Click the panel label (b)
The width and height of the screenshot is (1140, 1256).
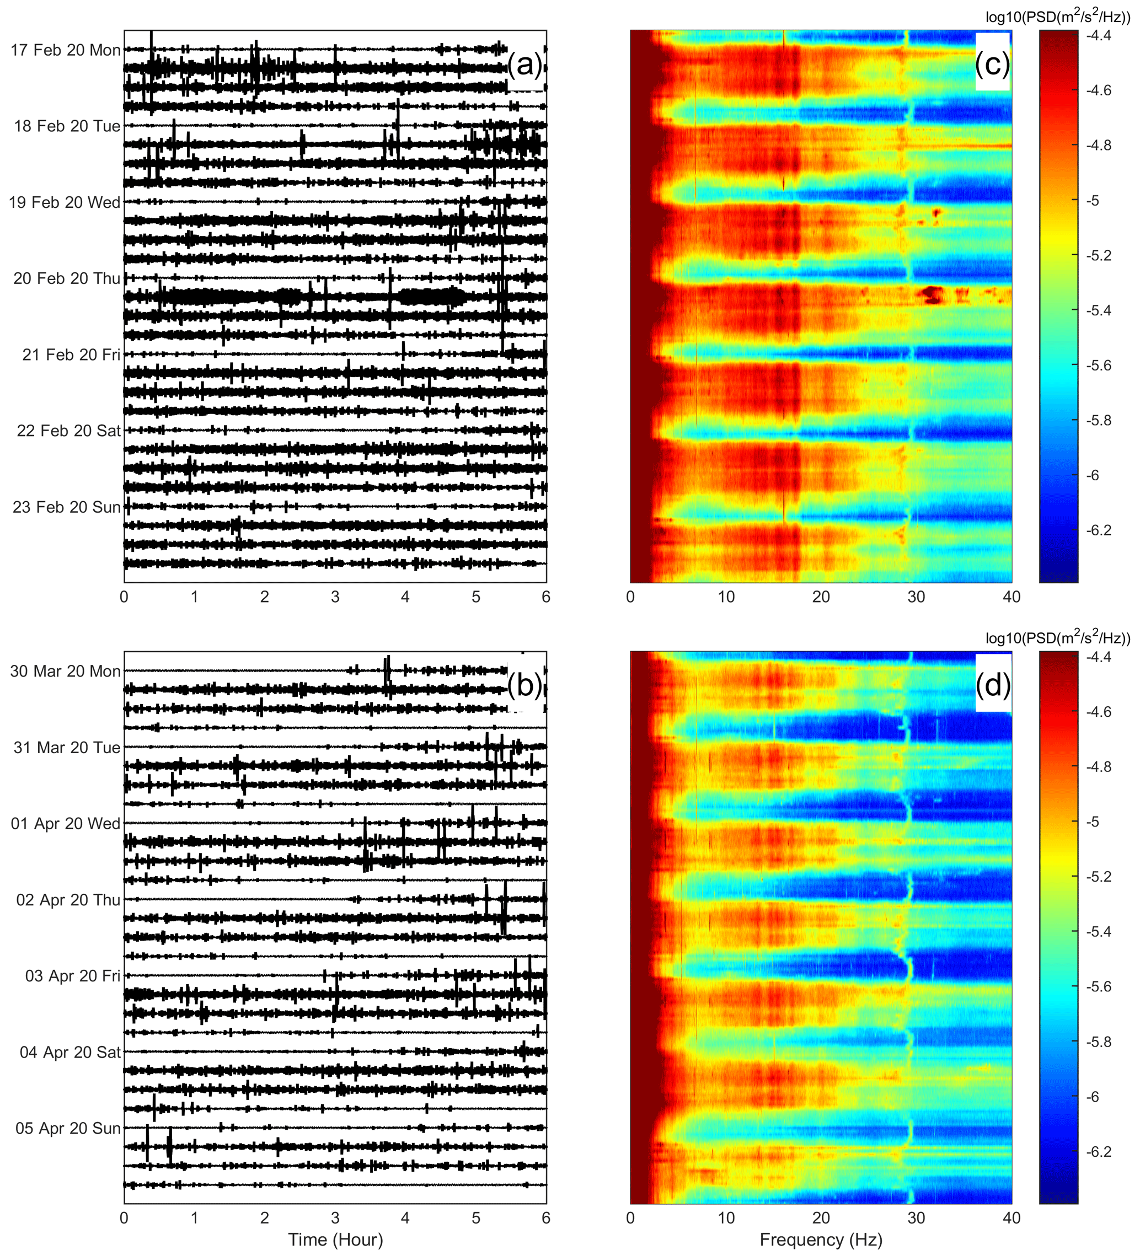coord(525,686)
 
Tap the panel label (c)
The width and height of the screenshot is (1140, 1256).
coord(992,63)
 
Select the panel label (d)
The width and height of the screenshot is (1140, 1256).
coord(993,685)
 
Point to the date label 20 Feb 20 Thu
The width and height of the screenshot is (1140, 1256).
coord(67,278)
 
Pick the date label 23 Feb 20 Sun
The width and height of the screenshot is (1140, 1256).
coord(67,507)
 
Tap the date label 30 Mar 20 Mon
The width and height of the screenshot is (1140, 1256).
coord(66,672)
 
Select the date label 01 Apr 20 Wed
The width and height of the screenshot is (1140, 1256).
coord(66,824)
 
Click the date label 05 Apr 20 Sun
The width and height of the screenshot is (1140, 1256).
coord(68,1128)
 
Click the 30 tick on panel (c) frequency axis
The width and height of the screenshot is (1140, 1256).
coord(916,597)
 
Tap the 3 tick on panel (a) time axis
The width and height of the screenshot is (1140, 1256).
coord(335,597)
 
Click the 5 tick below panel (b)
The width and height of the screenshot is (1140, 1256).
coord(476,1218)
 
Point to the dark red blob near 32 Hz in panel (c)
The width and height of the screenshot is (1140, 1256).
coord(932,293)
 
